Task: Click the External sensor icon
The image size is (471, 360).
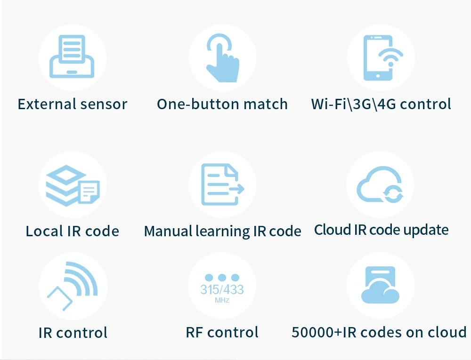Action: tap(72, 57)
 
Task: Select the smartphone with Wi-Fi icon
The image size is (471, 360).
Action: tap(382, 57)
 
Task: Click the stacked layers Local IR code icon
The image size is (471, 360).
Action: tap(72, 185)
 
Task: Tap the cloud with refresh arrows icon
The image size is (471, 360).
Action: tap(380, 185)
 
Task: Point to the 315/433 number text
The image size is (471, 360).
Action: tap(222, 289)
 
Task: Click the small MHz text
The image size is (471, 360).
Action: tap(222, 300)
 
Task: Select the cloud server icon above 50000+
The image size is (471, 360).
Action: tap(380, 285)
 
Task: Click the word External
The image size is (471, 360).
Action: tap(45, 104)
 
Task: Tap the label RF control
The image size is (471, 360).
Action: tap(222, 333)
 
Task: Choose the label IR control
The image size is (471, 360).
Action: tap(73, 333)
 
